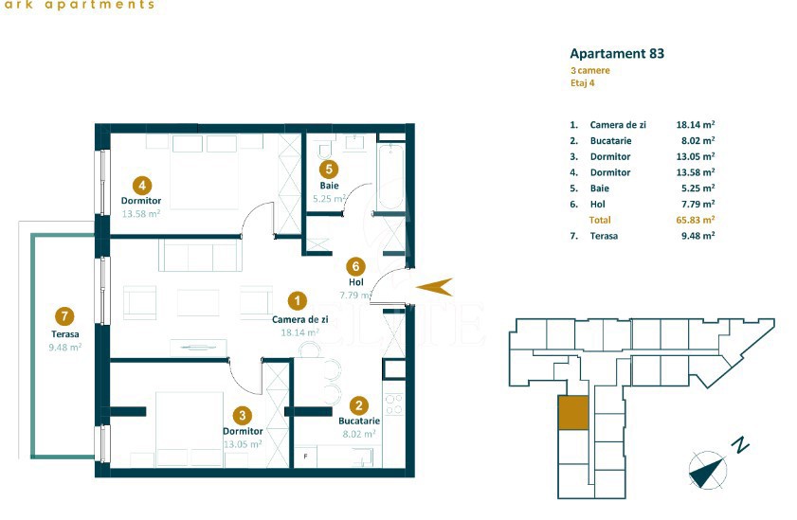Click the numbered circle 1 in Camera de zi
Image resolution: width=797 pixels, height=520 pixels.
[x=297, y=300]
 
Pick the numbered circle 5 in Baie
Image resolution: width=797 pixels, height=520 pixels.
[x=329, y=170]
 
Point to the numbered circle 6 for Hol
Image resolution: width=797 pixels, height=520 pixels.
[x=355, y=266]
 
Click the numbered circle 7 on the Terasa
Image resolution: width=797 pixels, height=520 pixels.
[x=65, y=316]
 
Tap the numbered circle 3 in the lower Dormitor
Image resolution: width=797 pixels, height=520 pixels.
[x=243, y=414]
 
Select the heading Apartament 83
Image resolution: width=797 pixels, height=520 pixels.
[x=616, y=54]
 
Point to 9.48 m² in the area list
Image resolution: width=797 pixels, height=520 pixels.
[x=695, y=236]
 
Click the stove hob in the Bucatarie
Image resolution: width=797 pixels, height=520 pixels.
[x=393, y=404]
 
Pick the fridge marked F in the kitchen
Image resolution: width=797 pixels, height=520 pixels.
[x=305, y=457]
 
